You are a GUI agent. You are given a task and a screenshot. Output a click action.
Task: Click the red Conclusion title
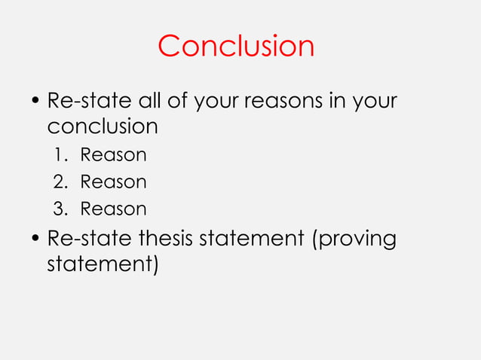(x=236, y=47)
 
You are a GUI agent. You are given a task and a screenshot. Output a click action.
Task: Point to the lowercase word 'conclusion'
(x=103, y=126)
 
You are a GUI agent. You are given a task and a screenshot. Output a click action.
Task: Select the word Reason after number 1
(x=113, y=156)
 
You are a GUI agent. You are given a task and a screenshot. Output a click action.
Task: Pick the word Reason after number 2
(x=113, y=182)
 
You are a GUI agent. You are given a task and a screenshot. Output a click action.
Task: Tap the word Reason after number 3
(x=113, y=209)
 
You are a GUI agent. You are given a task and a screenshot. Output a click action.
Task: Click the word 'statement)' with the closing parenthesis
(x=103, y=266)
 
